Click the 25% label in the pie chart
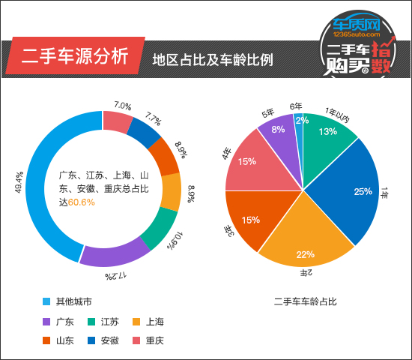point(363,191)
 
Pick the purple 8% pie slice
point(278,131)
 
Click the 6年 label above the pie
point(296,106)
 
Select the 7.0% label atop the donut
point(123,106)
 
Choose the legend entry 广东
point(64,322)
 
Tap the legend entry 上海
point(154,322)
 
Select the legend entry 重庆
point(154,340)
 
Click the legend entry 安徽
point(109,340)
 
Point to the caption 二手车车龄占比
point(306,301)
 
